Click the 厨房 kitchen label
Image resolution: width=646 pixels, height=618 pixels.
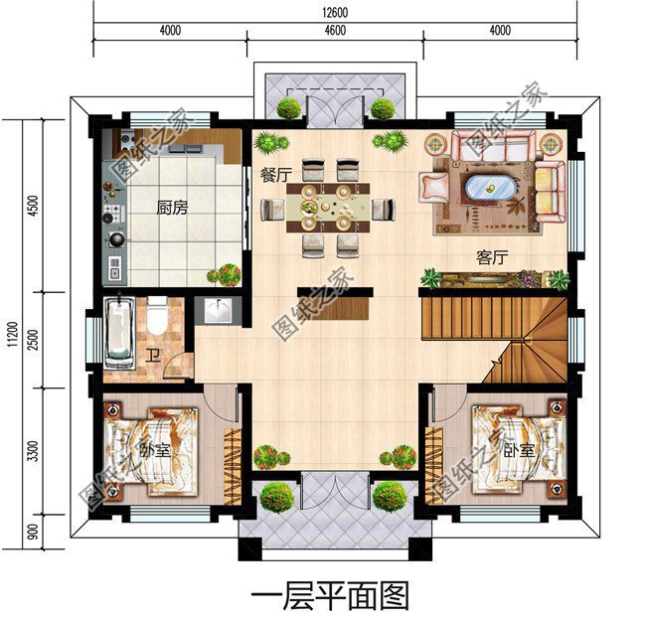(173, 209)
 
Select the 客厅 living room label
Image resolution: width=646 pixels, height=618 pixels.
(492, 257)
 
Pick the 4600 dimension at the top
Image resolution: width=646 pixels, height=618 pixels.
(334, 30)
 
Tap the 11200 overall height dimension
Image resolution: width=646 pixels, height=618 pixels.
(11, 332)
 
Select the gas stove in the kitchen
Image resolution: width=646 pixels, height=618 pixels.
(112, 212)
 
